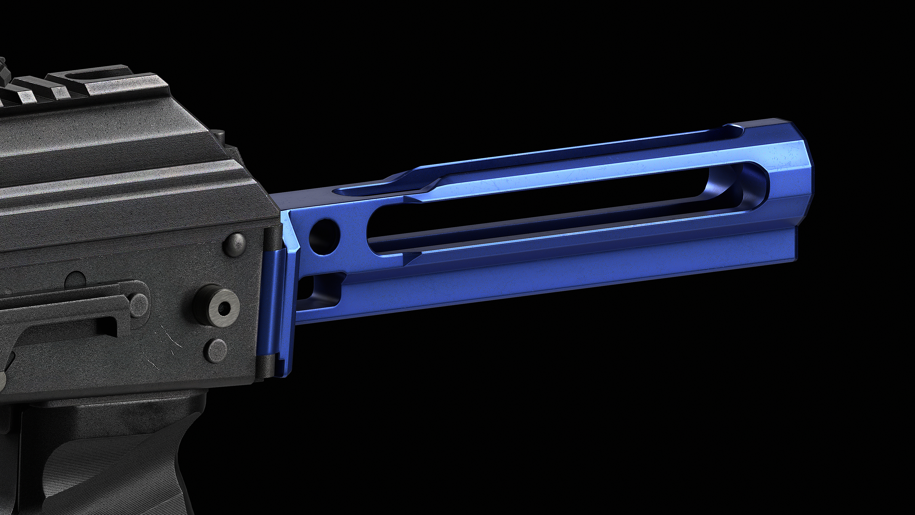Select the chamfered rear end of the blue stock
tap(792, 171)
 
